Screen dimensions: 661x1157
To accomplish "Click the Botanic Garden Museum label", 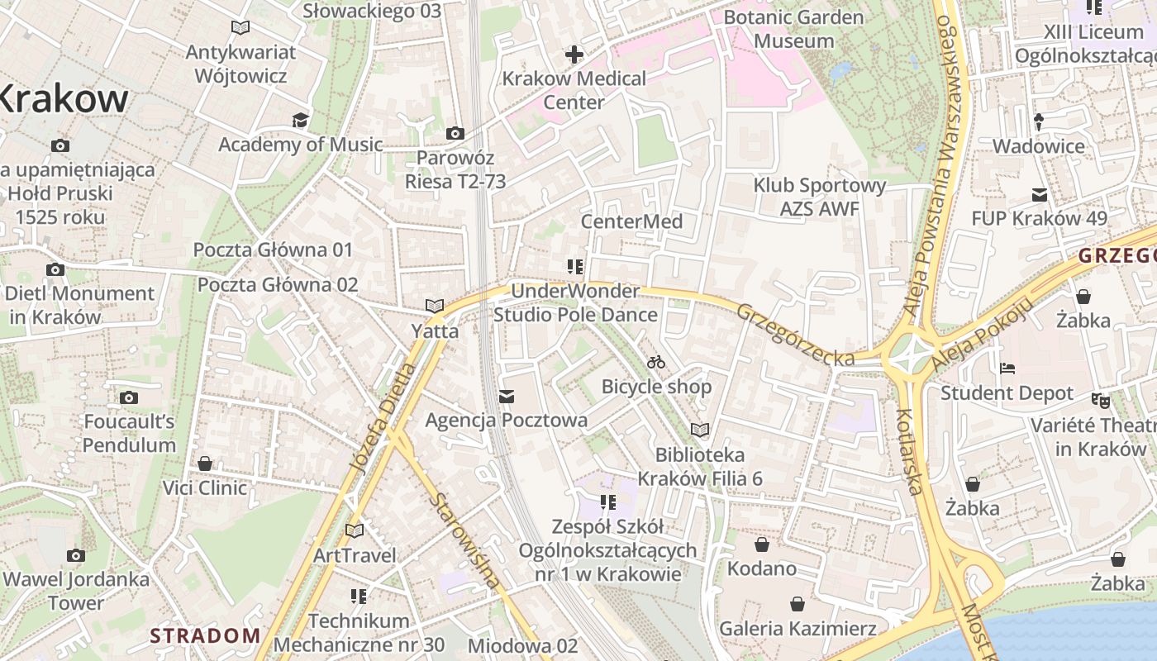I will tap(793, 29).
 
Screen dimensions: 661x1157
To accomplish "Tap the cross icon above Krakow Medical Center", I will tap(574, 55).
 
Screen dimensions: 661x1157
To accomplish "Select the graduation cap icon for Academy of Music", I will tap(300, 121).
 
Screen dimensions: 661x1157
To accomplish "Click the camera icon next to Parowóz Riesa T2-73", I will tap(455, 133).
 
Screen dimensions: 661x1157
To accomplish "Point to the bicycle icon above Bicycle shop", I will tap(656, 362).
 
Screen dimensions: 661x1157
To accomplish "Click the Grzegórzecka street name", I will tap(795, 335).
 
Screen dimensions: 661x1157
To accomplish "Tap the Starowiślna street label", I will tap(465, 540).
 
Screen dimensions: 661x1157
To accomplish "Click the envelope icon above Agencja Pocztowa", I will tap(507, 397).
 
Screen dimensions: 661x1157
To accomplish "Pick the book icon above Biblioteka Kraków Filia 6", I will tap(700, 430).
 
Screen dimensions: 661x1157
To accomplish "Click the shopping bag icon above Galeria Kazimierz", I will tap(798, 604).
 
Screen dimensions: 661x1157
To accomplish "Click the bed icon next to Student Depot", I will tap(1007, 369).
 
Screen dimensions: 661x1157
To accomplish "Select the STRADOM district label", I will tap(205, 635).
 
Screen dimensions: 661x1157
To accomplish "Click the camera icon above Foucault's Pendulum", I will tap(128, 397).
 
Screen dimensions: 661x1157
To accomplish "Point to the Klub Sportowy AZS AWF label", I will tap(819, 197).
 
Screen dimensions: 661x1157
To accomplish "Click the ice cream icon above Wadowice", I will tap(1039, 121).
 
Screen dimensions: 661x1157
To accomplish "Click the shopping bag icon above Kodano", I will tap(762, 544).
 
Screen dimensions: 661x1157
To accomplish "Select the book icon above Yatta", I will tap(435, 306).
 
